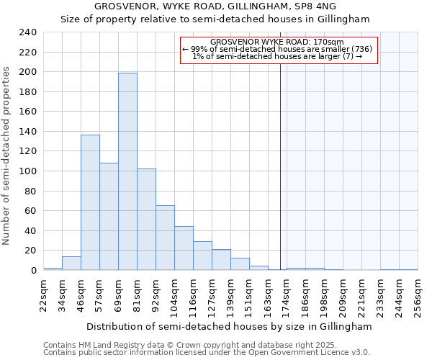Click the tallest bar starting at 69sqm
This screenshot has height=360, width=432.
click(127, 171)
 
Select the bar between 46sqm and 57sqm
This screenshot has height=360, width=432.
click(90, 202)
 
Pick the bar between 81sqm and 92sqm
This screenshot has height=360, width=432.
click(146, 219)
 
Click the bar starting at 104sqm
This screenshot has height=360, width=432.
click(184, 248)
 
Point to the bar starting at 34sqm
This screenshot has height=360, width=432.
click(71, 264)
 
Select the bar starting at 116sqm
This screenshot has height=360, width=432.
click(202, 256)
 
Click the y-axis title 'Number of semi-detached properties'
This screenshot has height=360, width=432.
click(7, 156)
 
